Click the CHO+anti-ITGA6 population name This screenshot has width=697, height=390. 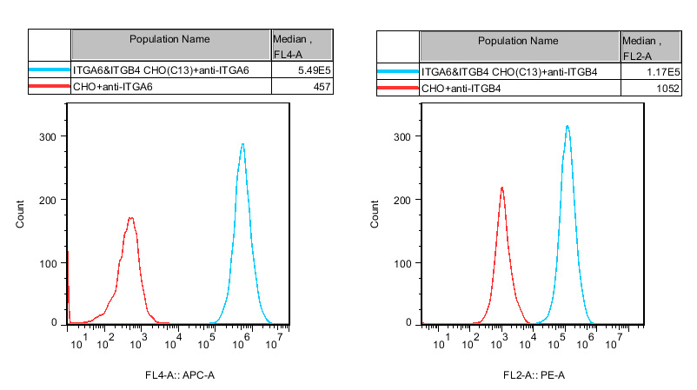(x=114, y=87)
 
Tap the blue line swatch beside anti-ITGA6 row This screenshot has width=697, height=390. (x=50, y=70)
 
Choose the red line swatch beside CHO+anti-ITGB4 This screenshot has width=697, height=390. (x=398, y=89)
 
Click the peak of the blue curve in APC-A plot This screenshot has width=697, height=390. (x=242, y=144)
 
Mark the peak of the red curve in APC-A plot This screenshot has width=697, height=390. (x=130, y=218)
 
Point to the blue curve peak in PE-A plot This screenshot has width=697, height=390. (x=567, y=126)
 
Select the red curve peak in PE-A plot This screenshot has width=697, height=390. (x=501, y=188)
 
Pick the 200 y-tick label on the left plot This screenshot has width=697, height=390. (x=48, y=199)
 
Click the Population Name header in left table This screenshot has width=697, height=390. (x=169, y=39)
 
